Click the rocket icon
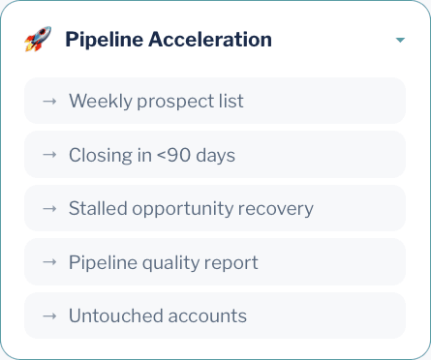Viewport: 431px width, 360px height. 38,40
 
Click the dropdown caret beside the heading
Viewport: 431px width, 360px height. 399,41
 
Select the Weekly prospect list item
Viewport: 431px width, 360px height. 214,101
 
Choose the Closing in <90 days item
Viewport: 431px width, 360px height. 214,155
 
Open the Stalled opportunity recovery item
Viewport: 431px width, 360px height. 214,208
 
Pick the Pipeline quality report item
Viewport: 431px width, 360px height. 214,262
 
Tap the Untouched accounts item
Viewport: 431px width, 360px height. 214,315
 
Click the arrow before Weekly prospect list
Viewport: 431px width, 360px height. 49,101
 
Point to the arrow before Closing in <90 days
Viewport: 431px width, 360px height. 49,155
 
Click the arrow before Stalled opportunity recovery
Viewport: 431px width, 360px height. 49,208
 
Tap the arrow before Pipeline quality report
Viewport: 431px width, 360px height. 49,262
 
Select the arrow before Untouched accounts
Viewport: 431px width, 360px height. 49,315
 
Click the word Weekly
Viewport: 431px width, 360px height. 96,101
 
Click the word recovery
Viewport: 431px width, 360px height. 279,208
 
